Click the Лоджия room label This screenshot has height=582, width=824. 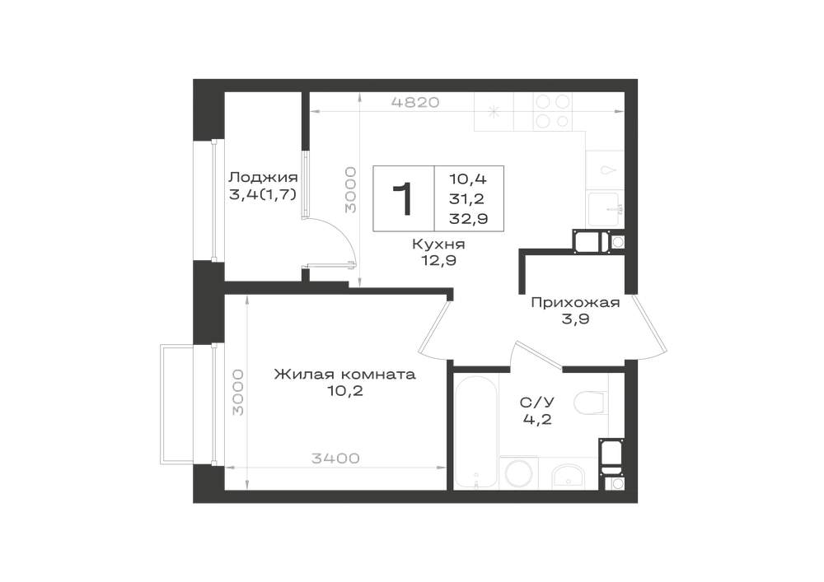coord(264,177)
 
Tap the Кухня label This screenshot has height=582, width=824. coord(438,244)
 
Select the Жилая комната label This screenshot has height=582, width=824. coord(344,375)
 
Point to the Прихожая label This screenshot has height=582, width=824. coord(575,302)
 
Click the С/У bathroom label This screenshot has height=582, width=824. coord(537,403)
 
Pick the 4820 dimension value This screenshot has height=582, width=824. coord(415,102)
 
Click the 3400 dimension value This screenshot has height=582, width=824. coord(336,459)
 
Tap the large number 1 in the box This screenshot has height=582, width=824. coord(404,199)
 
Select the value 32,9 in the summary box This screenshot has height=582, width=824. coord(468,218)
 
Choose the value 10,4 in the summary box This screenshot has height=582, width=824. coord(468,179)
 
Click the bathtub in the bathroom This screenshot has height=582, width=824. coord(475,431)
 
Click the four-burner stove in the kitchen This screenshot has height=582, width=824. coord(552,111)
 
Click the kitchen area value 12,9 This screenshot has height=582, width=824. coord(438,260)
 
